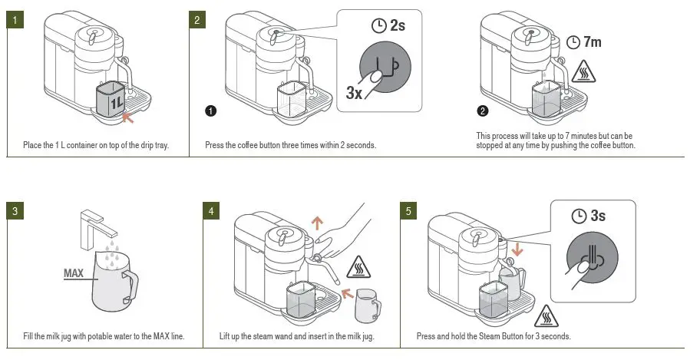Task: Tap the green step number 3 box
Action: click(15, 210)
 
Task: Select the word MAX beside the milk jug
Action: click(74, 272)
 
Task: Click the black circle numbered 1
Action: click(210, 111)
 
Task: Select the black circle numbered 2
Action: click(482, 111)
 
